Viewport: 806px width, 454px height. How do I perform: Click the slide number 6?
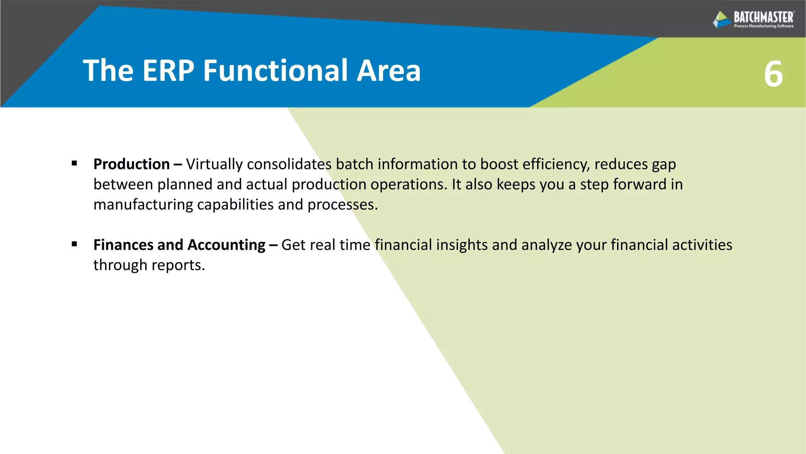773,74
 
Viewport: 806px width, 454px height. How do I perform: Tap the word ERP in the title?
168,71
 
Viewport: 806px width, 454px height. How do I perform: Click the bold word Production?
131,164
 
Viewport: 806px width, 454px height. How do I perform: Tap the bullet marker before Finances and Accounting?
74,244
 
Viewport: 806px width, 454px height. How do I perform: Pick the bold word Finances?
123,245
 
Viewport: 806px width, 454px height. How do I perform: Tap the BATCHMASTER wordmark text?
763,17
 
